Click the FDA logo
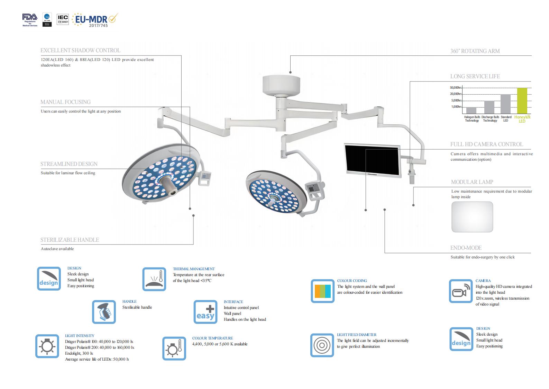coord(30,19)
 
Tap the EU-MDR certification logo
coord(94,20)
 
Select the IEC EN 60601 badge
coord(63,19)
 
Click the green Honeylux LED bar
coord(522,101)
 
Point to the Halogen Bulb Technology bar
coord(471,110)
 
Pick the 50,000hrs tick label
coord(456,88)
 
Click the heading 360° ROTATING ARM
coord(475,51)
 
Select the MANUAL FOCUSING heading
coord(65,102)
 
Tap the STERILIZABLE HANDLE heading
coord(70,240)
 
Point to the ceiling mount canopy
coord(281,85)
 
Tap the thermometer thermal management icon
coord(154,279)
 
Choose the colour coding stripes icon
coord(322,291)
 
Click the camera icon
coord(460,291)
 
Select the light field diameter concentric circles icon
coord(322,345)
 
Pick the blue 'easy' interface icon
coord(205,312)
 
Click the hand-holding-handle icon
coord(104,312)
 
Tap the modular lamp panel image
coord(472,217)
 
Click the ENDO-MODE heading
coord(466,248)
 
